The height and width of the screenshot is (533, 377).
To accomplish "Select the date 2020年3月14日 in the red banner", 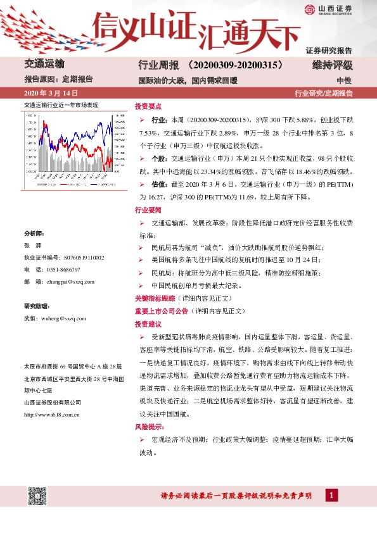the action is point(46,93).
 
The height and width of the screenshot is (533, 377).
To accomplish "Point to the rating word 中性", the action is point(344,80).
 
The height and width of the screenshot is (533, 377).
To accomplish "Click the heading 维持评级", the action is point(336,65).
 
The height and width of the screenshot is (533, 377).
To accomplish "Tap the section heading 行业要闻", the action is point(147,209).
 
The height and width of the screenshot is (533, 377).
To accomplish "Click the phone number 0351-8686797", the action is point(64,270).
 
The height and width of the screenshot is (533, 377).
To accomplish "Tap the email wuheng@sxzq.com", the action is point(62,318).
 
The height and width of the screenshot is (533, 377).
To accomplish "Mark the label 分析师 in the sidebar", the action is point(34,234).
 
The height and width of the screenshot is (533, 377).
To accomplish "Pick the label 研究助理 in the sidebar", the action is point(36,306).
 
